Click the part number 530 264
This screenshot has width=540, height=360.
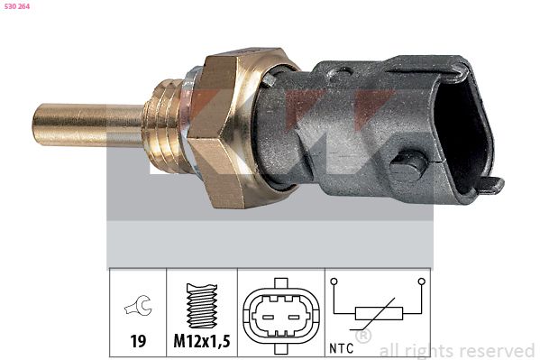click(x=17, y=6)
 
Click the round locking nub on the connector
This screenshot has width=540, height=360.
click(x=408, y=167)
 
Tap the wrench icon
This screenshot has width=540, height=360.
click(x=139, y=309)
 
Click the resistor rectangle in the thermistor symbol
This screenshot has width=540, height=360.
click(x=377, y=313)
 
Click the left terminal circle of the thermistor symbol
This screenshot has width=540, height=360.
click(x=335, y=282)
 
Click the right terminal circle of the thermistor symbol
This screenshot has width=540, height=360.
click(x=419, y=282)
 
